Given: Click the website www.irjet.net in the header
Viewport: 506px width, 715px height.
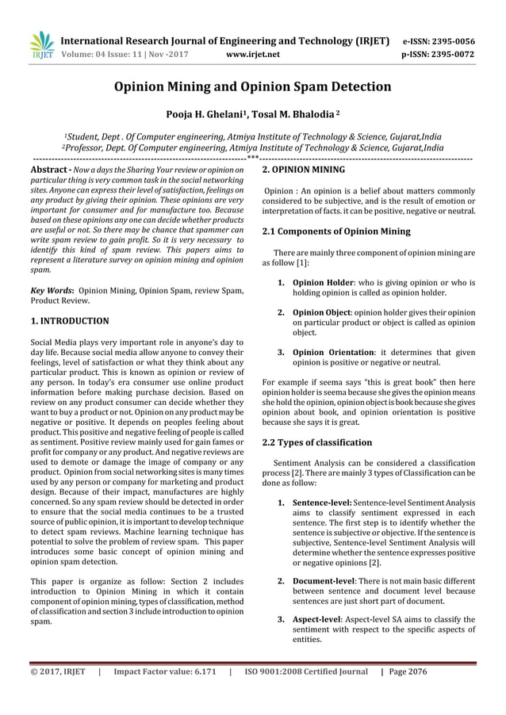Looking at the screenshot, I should tap(253, 56).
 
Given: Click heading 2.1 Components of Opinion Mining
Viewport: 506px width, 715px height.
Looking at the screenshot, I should tap(336, 231).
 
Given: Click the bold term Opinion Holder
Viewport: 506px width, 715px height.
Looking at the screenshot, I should tap(322, 282).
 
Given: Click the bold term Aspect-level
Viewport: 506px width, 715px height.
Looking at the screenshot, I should tap(320, 619).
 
